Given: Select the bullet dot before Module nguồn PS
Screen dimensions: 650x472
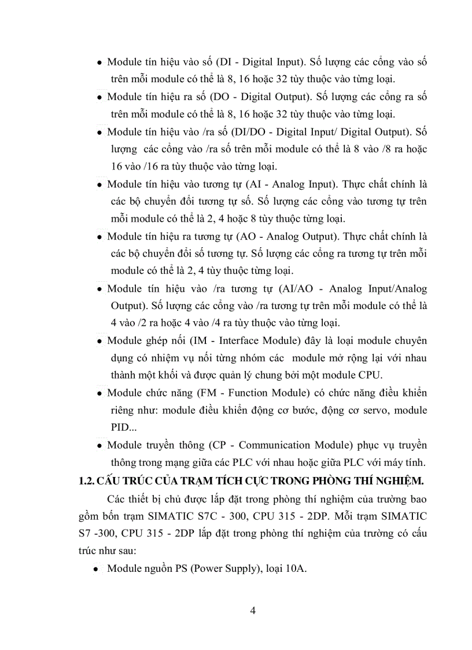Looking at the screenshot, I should point(95,570).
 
